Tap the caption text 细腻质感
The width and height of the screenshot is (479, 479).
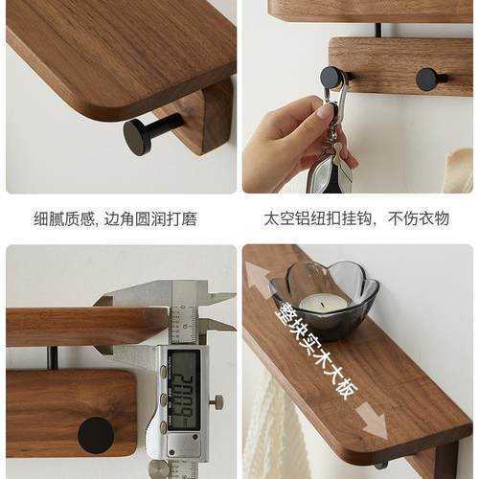tap(64, 219)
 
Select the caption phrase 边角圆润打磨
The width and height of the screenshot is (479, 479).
tap(149, 219)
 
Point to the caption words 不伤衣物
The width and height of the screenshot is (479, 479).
tap(419, 219)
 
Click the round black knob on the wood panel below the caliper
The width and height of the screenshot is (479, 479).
tap(96, 435)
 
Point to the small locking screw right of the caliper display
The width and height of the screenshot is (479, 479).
tap(218, 400)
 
